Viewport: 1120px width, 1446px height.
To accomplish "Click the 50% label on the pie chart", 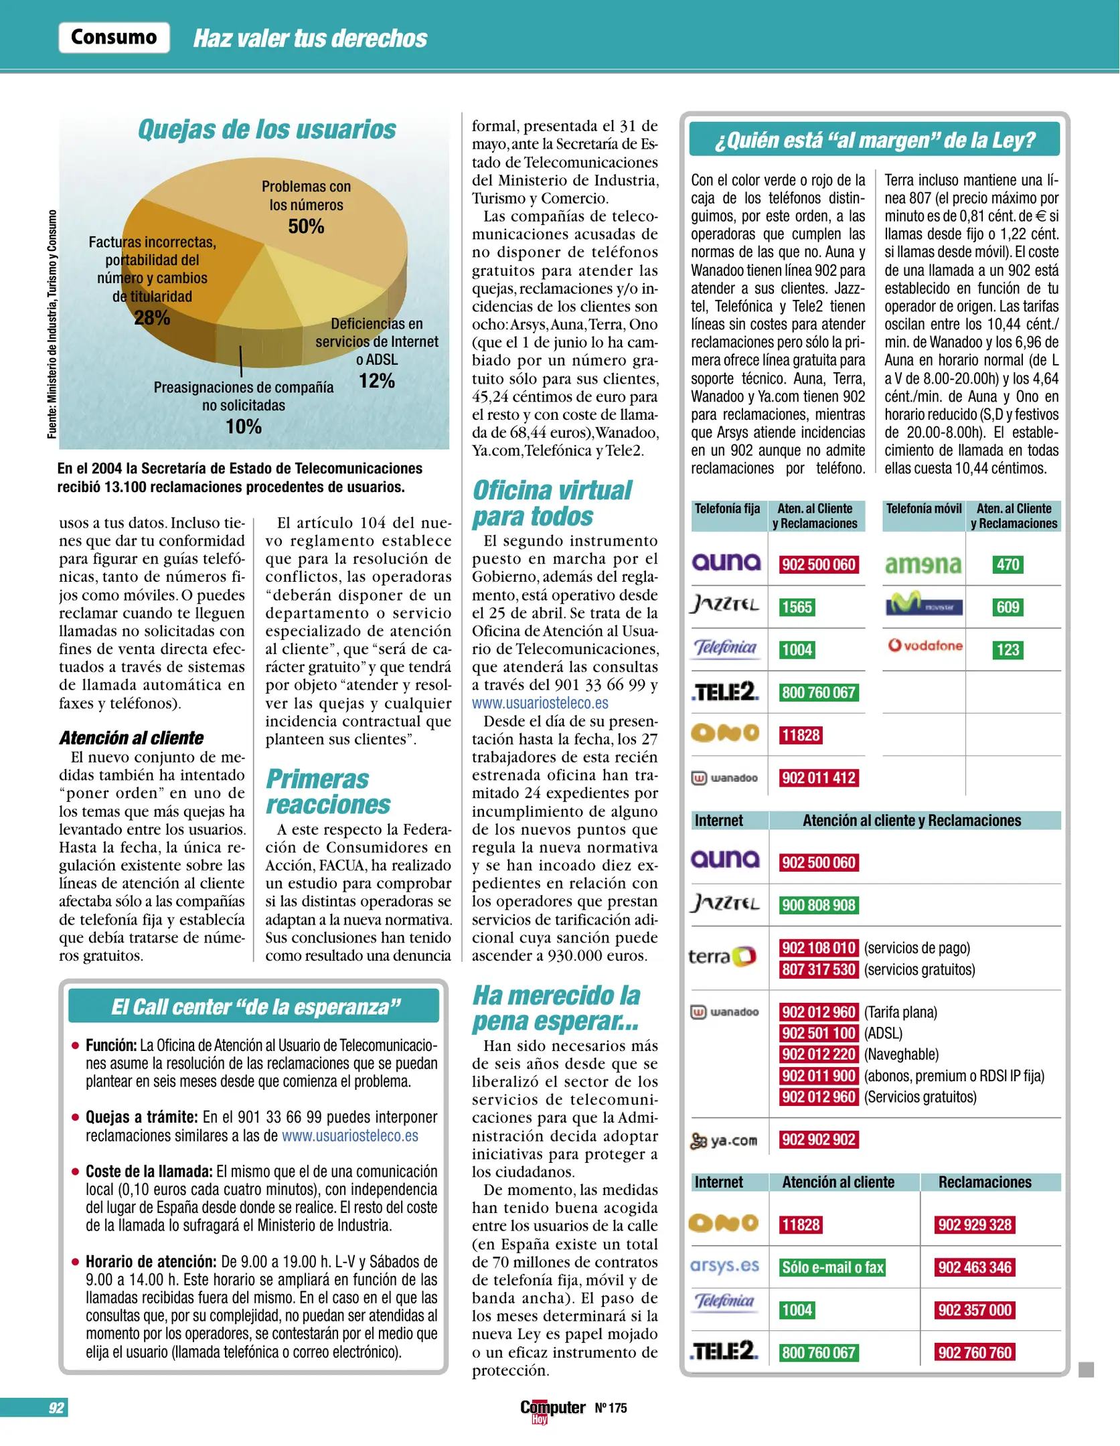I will tap(306, 226).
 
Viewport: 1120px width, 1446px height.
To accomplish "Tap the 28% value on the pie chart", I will tap(152, 318).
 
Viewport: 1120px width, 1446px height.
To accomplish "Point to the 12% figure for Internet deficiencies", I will tap(377, 381).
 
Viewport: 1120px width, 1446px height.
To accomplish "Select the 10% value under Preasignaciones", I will tap(243, 426).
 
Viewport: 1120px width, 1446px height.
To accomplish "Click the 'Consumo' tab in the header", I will tap(114, 37).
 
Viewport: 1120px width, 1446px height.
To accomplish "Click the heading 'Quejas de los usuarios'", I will tap(266, 129).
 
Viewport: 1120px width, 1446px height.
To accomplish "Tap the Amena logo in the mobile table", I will tap(923, 565).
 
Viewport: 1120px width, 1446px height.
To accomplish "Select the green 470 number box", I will tap(1007, 564).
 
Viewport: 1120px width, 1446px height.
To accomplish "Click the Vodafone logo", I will tap(925, 646).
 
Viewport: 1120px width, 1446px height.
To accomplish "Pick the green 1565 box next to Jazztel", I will tap(797, 607).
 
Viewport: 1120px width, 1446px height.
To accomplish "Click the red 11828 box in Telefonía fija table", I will tap(801, 735).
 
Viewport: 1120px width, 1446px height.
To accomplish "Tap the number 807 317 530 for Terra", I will tap(819, 969).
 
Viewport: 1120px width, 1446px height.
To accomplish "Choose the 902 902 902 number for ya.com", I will tap(819, 1139).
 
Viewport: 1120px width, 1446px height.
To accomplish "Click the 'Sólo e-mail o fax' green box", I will tap(833, 1267).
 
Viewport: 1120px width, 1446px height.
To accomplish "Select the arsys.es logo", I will tap(724, 1266).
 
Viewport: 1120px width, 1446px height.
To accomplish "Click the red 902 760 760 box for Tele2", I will tap(975, 1352).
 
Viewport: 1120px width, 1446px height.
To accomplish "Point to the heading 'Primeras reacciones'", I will tap(328, 792).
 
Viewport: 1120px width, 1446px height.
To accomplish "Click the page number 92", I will tap(56, 1408).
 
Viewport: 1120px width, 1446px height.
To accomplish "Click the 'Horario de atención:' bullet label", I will tap(151, 1262).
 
